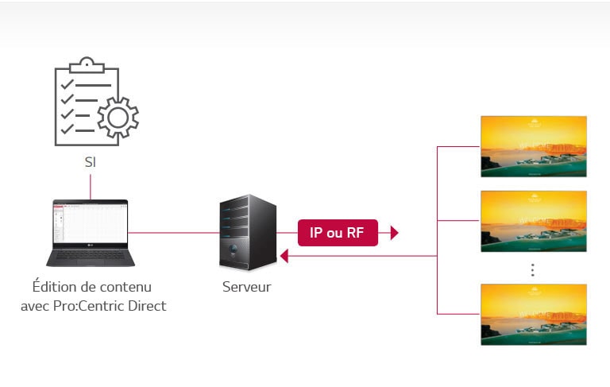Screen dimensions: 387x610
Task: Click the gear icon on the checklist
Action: click(x=118, y=118)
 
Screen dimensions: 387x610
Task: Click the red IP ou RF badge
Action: click(x=338, y=233)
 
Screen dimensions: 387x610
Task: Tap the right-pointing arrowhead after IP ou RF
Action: click(x=394, y=233)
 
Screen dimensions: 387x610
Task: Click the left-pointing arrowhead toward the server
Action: click(x=284, y=256)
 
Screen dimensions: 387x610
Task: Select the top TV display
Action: click(x=533, y=146)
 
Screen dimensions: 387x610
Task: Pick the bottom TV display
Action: click(x=533, y=314)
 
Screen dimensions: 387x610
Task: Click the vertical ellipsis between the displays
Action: click(x=533, y=270)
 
